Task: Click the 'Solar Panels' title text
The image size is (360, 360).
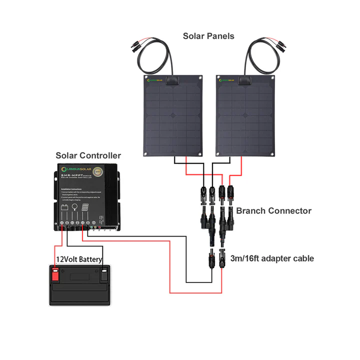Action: click(x=208, y=36)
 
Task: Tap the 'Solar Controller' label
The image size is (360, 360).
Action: click(x=88, y=156)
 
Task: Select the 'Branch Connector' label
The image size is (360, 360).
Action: click(x=273, y=210)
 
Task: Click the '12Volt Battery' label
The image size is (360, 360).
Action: click(x=79, y=259)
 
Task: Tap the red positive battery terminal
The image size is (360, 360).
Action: click(x=55, y=274)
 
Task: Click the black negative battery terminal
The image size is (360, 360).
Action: click(x=104, y=274)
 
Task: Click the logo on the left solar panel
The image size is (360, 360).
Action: click(x=155, y=79)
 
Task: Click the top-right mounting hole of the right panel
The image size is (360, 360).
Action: click(x=273, y=78)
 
